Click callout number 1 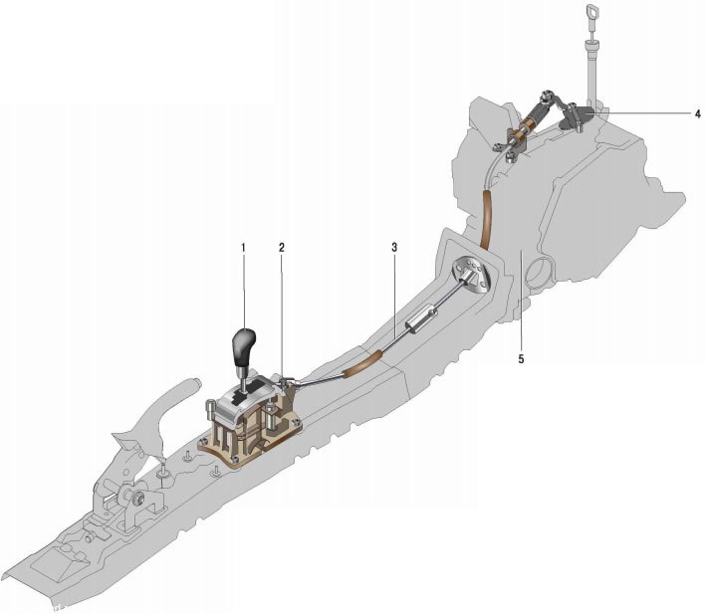pos(243,248)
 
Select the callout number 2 pos(282,248)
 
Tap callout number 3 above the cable pos(394,248)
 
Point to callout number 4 pos(697,114)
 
